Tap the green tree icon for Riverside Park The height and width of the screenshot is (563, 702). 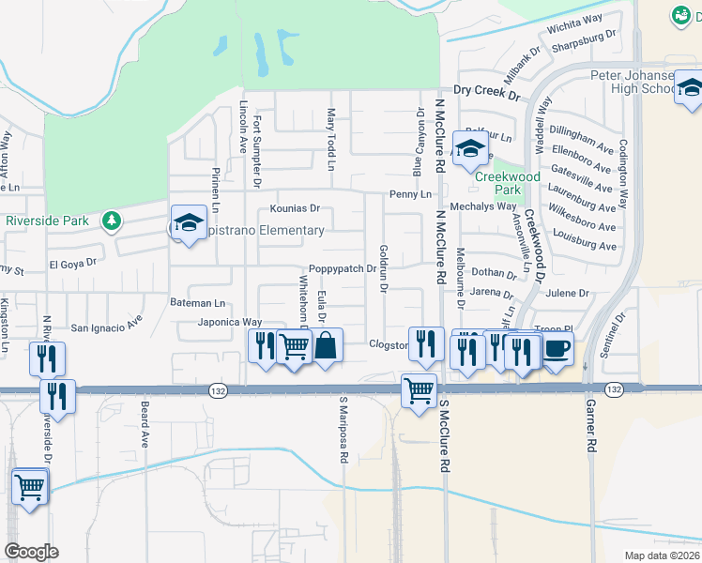click(113, 221)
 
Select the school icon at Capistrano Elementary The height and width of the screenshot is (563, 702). click(189, 223)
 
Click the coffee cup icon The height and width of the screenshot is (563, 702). click(557, 348)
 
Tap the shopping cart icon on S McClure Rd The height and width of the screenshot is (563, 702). click(419, 389)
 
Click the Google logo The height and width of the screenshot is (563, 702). click(31, 551)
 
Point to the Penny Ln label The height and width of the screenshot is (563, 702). click(411, 194)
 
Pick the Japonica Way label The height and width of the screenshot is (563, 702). click(229, 322)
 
